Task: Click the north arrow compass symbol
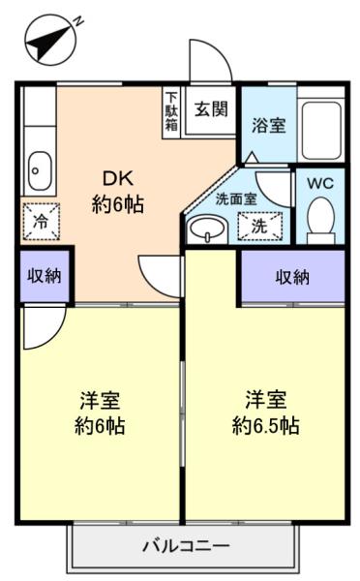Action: [x=50, y=40]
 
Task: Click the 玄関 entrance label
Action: [x=211, y=108]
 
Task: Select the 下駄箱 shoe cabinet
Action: [x=171, y=112]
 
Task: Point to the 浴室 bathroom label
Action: [x=268, y=125]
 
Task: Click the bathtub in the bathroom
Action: [x=321, y=130]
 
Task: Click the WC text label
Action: [x=320, y=183]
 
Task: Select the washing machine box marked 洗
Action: [x=259, y=226]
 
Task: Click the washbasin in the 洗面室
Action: [x=207, y=229]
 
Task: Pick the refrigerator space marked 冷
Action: [x=41, y=221]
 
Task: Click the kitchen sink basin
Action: [x=40, y=170]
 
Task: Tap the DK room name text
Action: [x=118, y=179]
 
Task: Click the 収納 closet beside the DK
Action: [x=45, y=276]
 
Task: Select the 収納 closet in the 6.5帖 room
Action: [x=292, y=277]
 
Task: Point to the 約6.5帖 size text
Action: [x=265, y=426]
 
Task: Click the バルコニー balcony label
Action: [x=187, y=546]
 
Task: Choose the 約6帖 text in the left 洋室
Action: [x=100, y=426]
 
